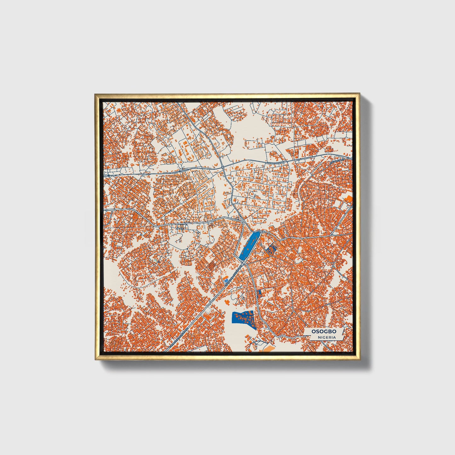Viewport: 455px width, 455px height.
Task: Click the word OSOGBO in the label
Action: click(x=324, y=331)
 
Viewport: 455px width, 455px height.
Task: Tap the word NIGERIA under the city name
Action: click(x=327, y=337)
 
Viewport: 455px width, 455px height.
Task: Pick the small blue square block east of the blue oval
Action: click(x=270, y=250)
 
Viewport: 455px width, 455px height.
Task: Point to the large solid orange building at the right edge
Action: click(x=349, y=199)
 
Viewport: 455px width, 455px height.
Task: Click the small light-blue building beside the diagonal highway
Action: click(x=226, y=280)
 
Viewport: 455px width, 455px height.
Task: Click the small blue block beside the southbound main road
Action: click(x=260, y=293)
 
